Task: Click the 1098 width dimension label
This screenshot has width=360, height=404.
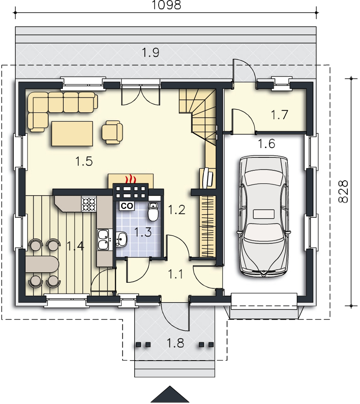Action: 166,5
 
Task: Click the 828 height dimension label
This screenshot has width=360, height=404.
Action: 343,191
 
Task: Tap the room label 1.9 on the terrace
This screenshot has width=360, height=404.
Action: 151,52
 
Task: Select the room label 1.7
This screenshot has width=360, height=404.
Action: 279,114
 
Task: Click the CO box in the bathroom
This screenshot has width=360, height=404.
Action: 127,206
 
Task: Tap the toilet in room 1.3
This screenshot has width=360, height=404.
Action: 154,212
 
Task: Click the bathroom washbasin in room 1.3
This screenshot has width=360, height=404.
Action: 121,239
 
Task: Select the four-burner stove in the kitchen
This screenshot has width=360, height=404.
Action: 89,204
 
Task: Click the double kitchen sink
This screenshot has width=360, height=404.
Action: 104,240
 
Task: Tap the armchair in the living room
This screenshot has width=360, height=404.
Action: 112,132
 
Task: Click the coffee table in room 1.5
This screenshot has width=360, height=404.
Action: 72,133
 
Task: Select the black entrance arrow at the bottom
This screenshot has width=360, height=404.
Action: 170,394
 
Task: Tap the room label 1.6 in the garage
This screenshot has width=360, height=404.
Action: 266,144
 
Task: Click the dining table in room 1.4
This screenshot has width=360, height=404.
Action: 42,264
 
